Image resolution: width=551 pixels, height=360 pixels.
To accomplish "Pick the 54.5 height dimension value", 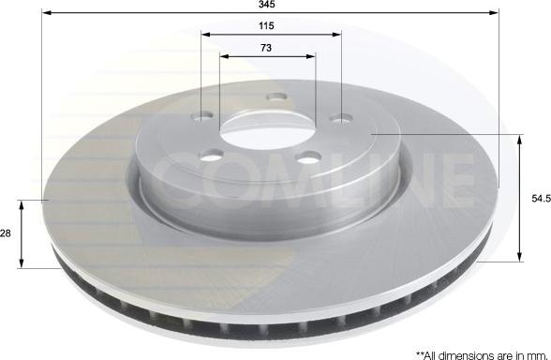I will [x=537, y=199].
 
